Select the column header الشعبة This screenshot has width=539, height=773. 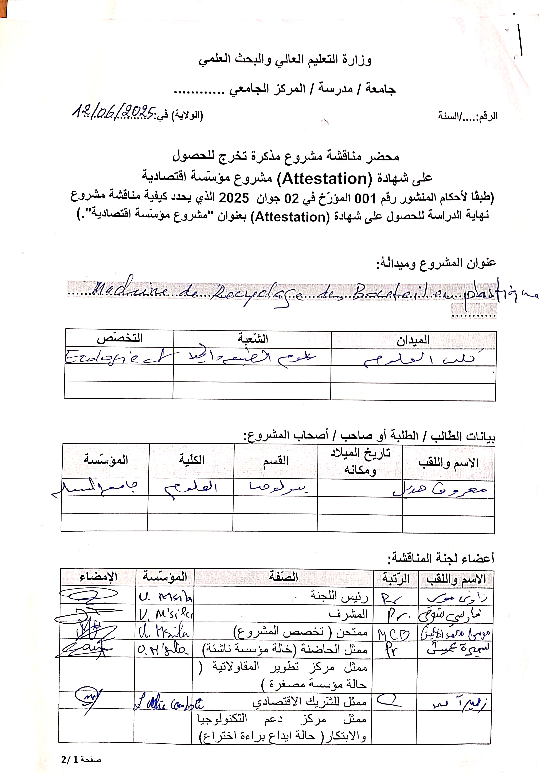253,339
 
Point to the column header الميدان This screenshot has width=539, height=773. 413,340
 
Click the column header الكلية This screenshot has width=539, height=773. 191,460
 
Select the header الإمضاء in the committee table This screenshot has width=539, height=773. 98,577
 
